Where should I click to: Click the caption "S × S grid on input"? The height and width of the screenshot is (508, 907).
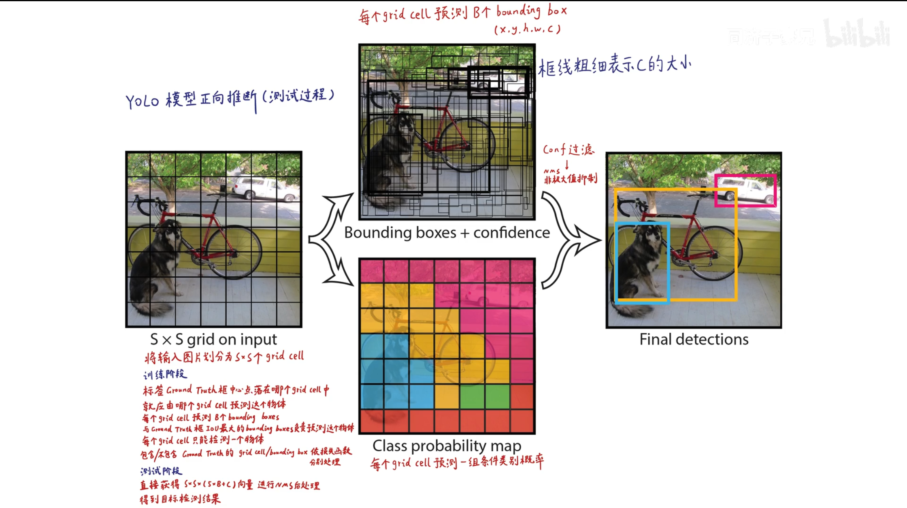(213, 339)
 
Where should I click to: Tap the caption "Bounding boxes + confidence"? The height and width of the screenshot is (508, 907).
(447, 233)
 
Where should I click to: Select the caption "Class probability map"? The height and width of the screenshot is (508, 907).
(447, 446)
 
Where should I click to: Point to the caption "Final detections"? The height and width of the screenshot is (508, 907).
(694, 339)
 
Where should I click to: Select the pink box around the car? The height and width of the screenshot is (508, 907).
(745, 176)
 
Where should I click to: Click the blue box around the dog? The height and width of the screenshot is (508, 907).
(616, 263)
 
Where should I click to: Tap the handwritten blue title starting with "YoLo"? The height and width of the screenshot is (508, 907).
(229, 99)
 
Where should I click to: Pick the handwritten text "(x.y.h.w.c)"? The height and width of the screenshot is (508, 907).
(527, 29)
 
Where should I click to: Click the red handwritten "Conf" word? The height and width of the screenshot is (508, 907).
(554, 150)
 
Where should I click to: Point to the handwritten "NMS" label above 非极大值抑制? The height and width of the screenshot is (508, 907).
(551, 171)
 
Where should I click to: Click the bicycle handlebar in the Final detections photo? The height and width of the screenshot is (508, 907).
(628, 204)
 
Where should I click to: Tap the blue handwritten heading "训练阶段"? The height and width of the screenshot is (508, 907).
(165, 374)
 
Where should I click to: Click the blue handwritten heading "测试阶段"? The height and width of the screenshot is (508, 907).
(161, 471)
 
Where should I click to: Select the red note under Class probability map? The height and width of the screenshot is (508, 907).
(457, 463)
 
